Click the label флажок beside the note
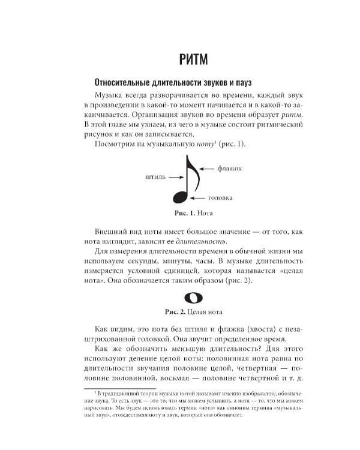point(230,169)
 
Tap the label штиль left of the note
point(154,177)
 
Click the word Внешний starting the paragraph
point(111,231)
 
